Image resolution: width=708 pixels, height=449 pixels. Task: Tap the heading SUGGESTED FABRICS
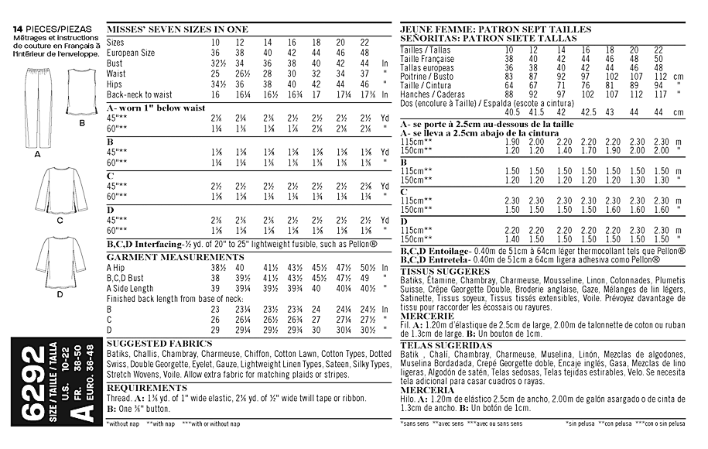[x=159, y=342]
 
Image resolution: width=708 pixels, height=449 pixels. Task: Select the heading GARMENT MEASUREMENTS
[x=175, y=256]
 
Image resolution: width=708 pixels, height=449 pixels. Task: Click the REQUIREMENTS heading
[x=147, y=387]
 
